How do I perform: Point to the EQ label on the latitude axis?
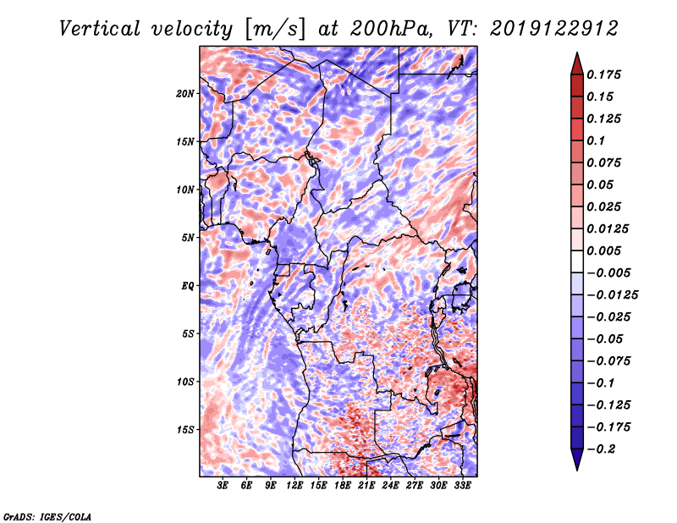[x=188, y=285]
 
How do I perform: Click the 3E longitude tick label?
[x=223, y=486]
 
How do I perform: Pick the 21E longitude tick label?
[x=366, y=486]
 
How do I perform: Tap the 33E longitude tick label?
[x=462, y=486]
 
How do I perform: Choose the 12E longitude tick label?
[x=294, y=486]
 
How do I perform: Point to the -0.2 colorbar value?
[x=604, y=449]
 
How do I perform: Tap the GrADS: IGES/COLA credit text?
[x=47, y=515]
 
